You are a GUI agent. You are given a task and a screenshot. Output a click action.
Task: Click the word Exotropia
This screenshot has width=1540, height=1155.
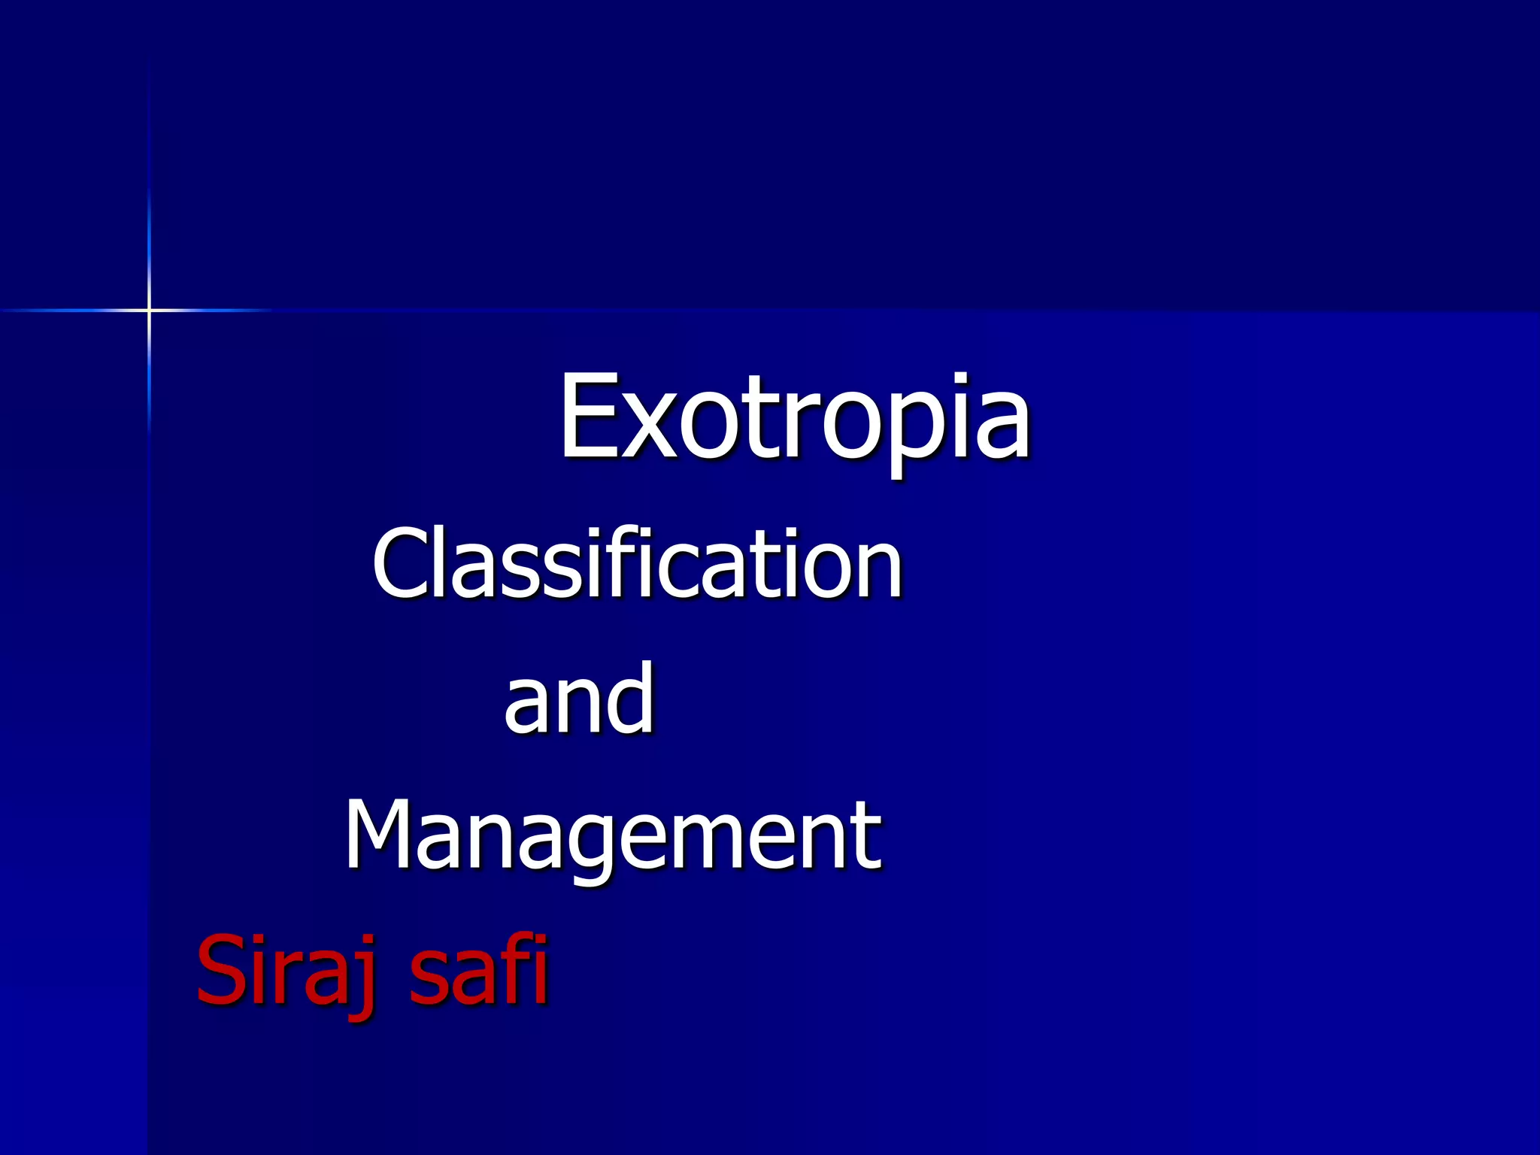pyautogui.click(x=794, y=418)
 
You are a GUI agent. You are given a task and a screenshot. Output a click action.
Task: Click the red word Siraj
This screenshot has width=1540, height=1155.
pyautogui.click(x=286, y=970)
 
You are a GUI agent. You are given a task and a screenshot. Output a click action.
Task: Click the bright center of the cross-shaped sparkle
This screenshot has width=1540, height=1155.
pyautogui.click(x=149, y=309)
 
